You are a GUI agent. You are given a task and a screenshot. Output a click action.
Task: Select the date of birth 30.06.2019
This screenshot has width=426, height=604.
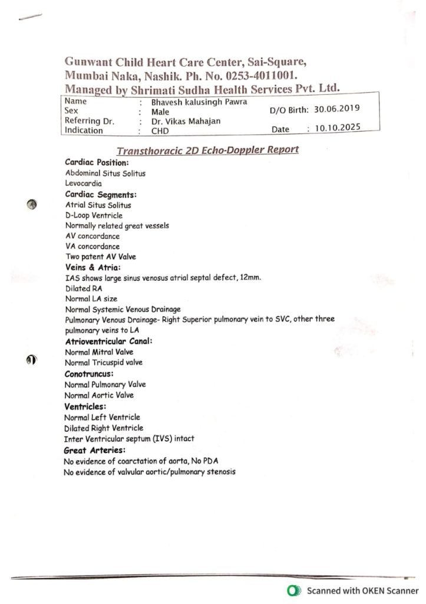coord(337,109)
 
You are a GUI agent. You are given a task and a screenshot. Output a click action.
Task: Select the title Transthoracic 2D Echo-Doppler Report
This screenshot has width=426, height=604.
coord(207,150)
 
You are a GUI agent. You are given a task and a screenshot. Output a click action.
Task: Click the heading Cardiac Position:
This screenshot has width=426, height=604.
coord(97,162)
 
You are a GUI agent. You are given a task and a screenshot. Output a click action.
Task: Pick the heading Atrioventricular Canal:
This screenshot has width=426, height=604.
coord(108,341)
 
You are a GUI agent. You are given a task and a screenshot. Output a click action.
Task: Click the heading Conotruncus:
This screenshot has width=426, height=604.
coord(89,374)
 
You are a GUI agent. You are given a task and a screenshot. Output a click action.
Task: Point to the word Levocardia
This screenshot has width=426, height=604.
coord(83,183)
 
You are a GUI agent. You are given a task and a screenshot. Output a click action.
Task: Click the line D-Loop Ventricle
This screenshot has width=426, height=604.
coord(94,215)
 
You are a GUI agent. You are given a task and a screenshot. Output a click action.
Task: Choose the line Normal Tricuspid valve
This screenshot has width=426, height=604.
coord(104,363)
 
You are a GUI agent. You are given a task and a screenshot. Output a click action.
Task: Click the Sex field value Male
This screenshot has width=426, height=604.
coord(160,111)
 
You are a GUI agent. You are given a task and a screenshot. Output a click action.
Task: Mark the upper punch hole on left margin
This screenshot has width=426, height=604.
coord(33,204)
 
